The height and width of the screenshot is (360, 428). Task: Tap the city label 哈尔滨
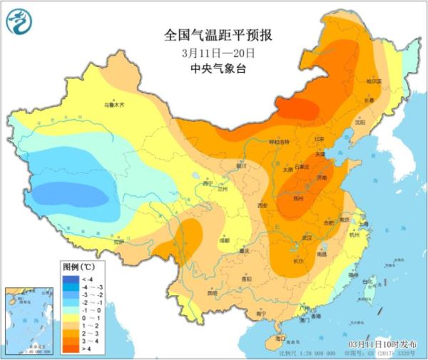click(x=374, y=81)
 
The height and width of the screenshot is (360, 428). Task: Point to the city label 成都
click(x=225, y=240)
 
